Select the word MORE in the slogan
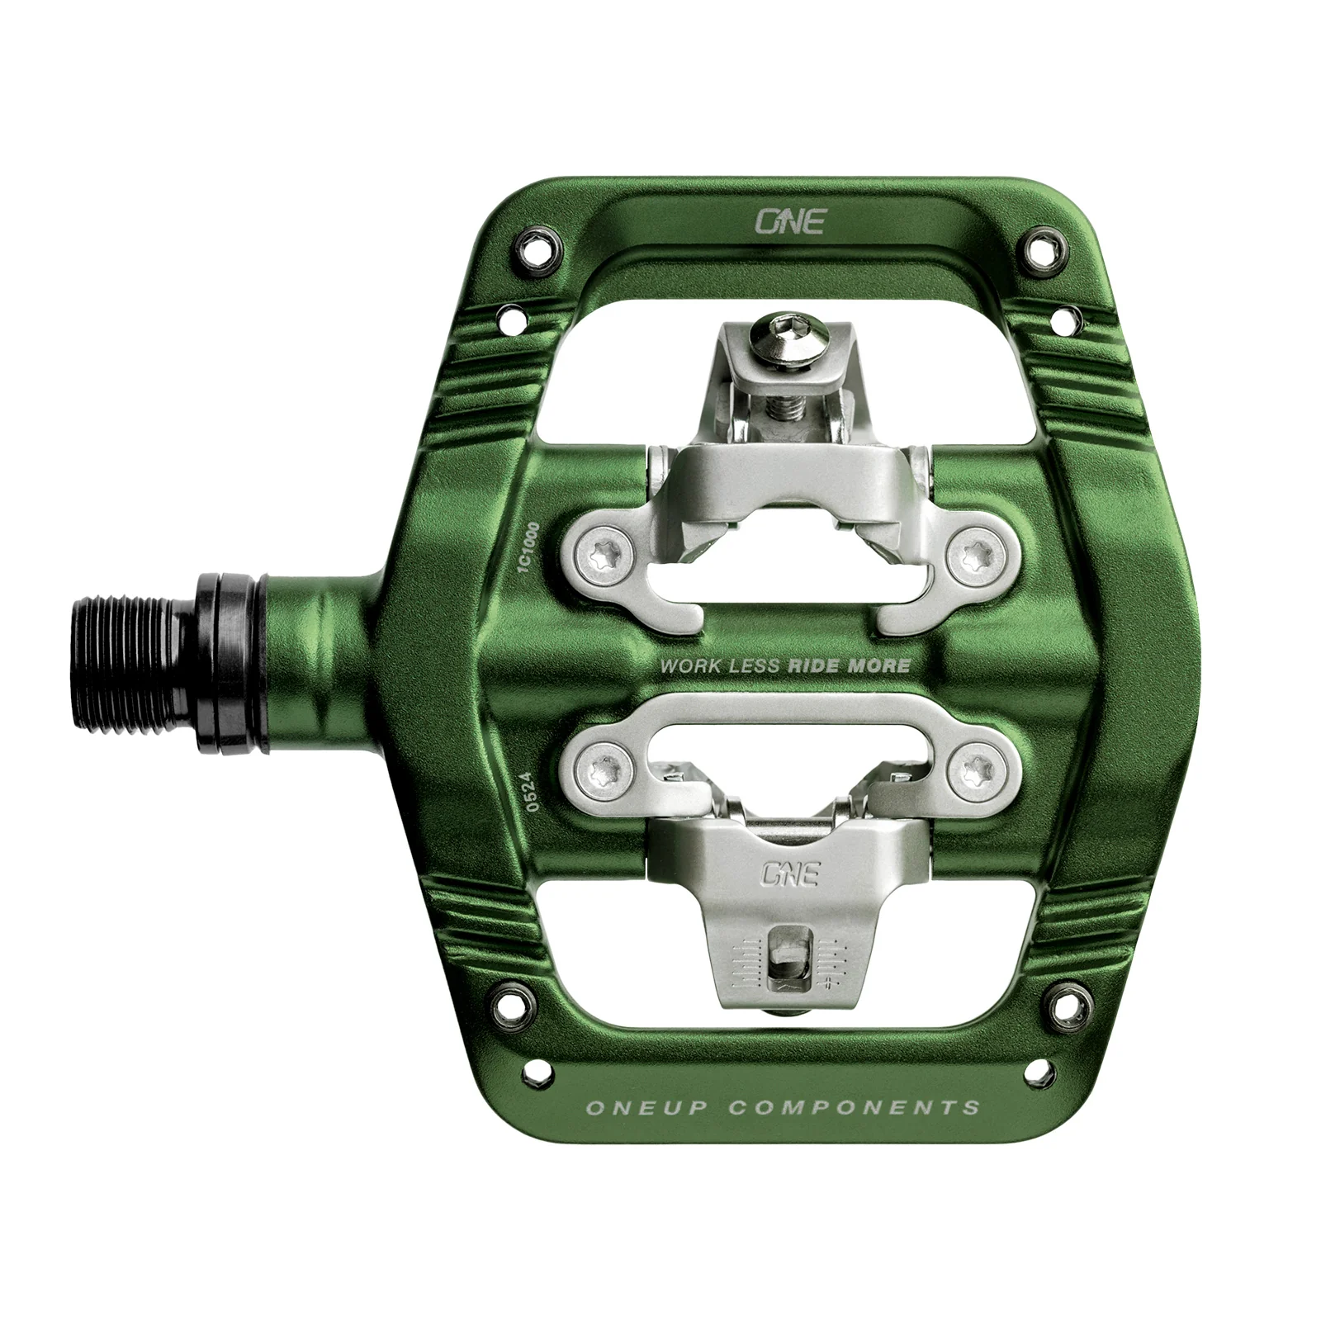879,665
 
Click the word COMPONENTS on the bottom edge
854,1108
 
